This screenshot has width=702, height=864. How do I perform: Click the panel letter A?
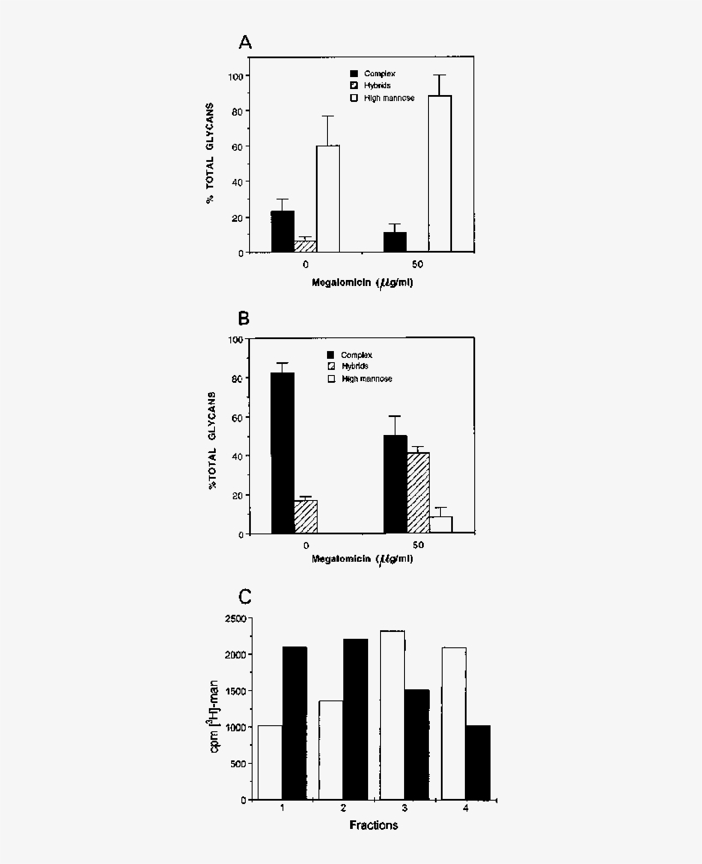(x=246, y=43)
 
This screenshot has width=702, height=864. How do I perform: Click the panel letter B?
(x=244, y=319)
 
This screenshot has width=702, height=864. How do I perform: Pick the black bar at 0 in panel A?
(x=283, y=231)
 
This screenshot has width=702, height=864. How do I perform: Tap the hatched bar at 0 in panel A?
(x=305, y=247)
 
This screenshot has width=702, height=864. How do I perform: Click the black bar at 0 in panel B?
(x=283, y=453)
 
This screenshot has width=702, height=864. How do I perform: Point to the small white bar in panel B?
(x=440, y=524)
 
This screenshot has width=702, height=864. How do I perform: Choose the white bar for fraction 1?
(x=270, y=762)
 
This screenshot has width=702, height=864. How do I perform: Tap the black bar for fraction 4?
(x=478, y=762)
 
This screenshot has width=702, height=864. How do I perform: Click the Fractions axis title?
(x=373, y=825)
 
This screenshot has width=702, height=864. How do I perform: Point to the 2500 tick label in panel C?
(x=235, y=618)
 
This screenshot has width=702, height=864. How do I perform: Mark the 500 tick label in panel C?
(x=238, y=764)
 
